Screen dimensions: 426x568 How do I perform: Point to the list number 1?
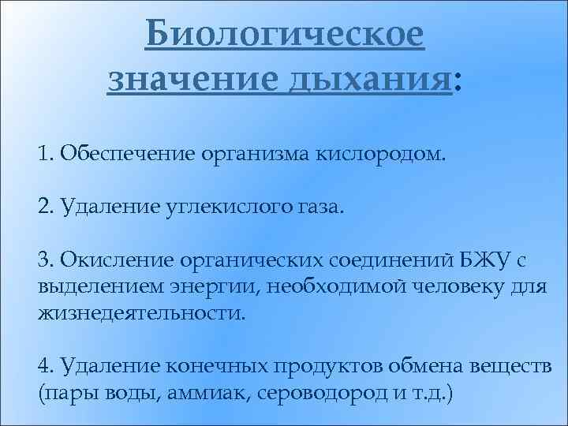43,151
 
